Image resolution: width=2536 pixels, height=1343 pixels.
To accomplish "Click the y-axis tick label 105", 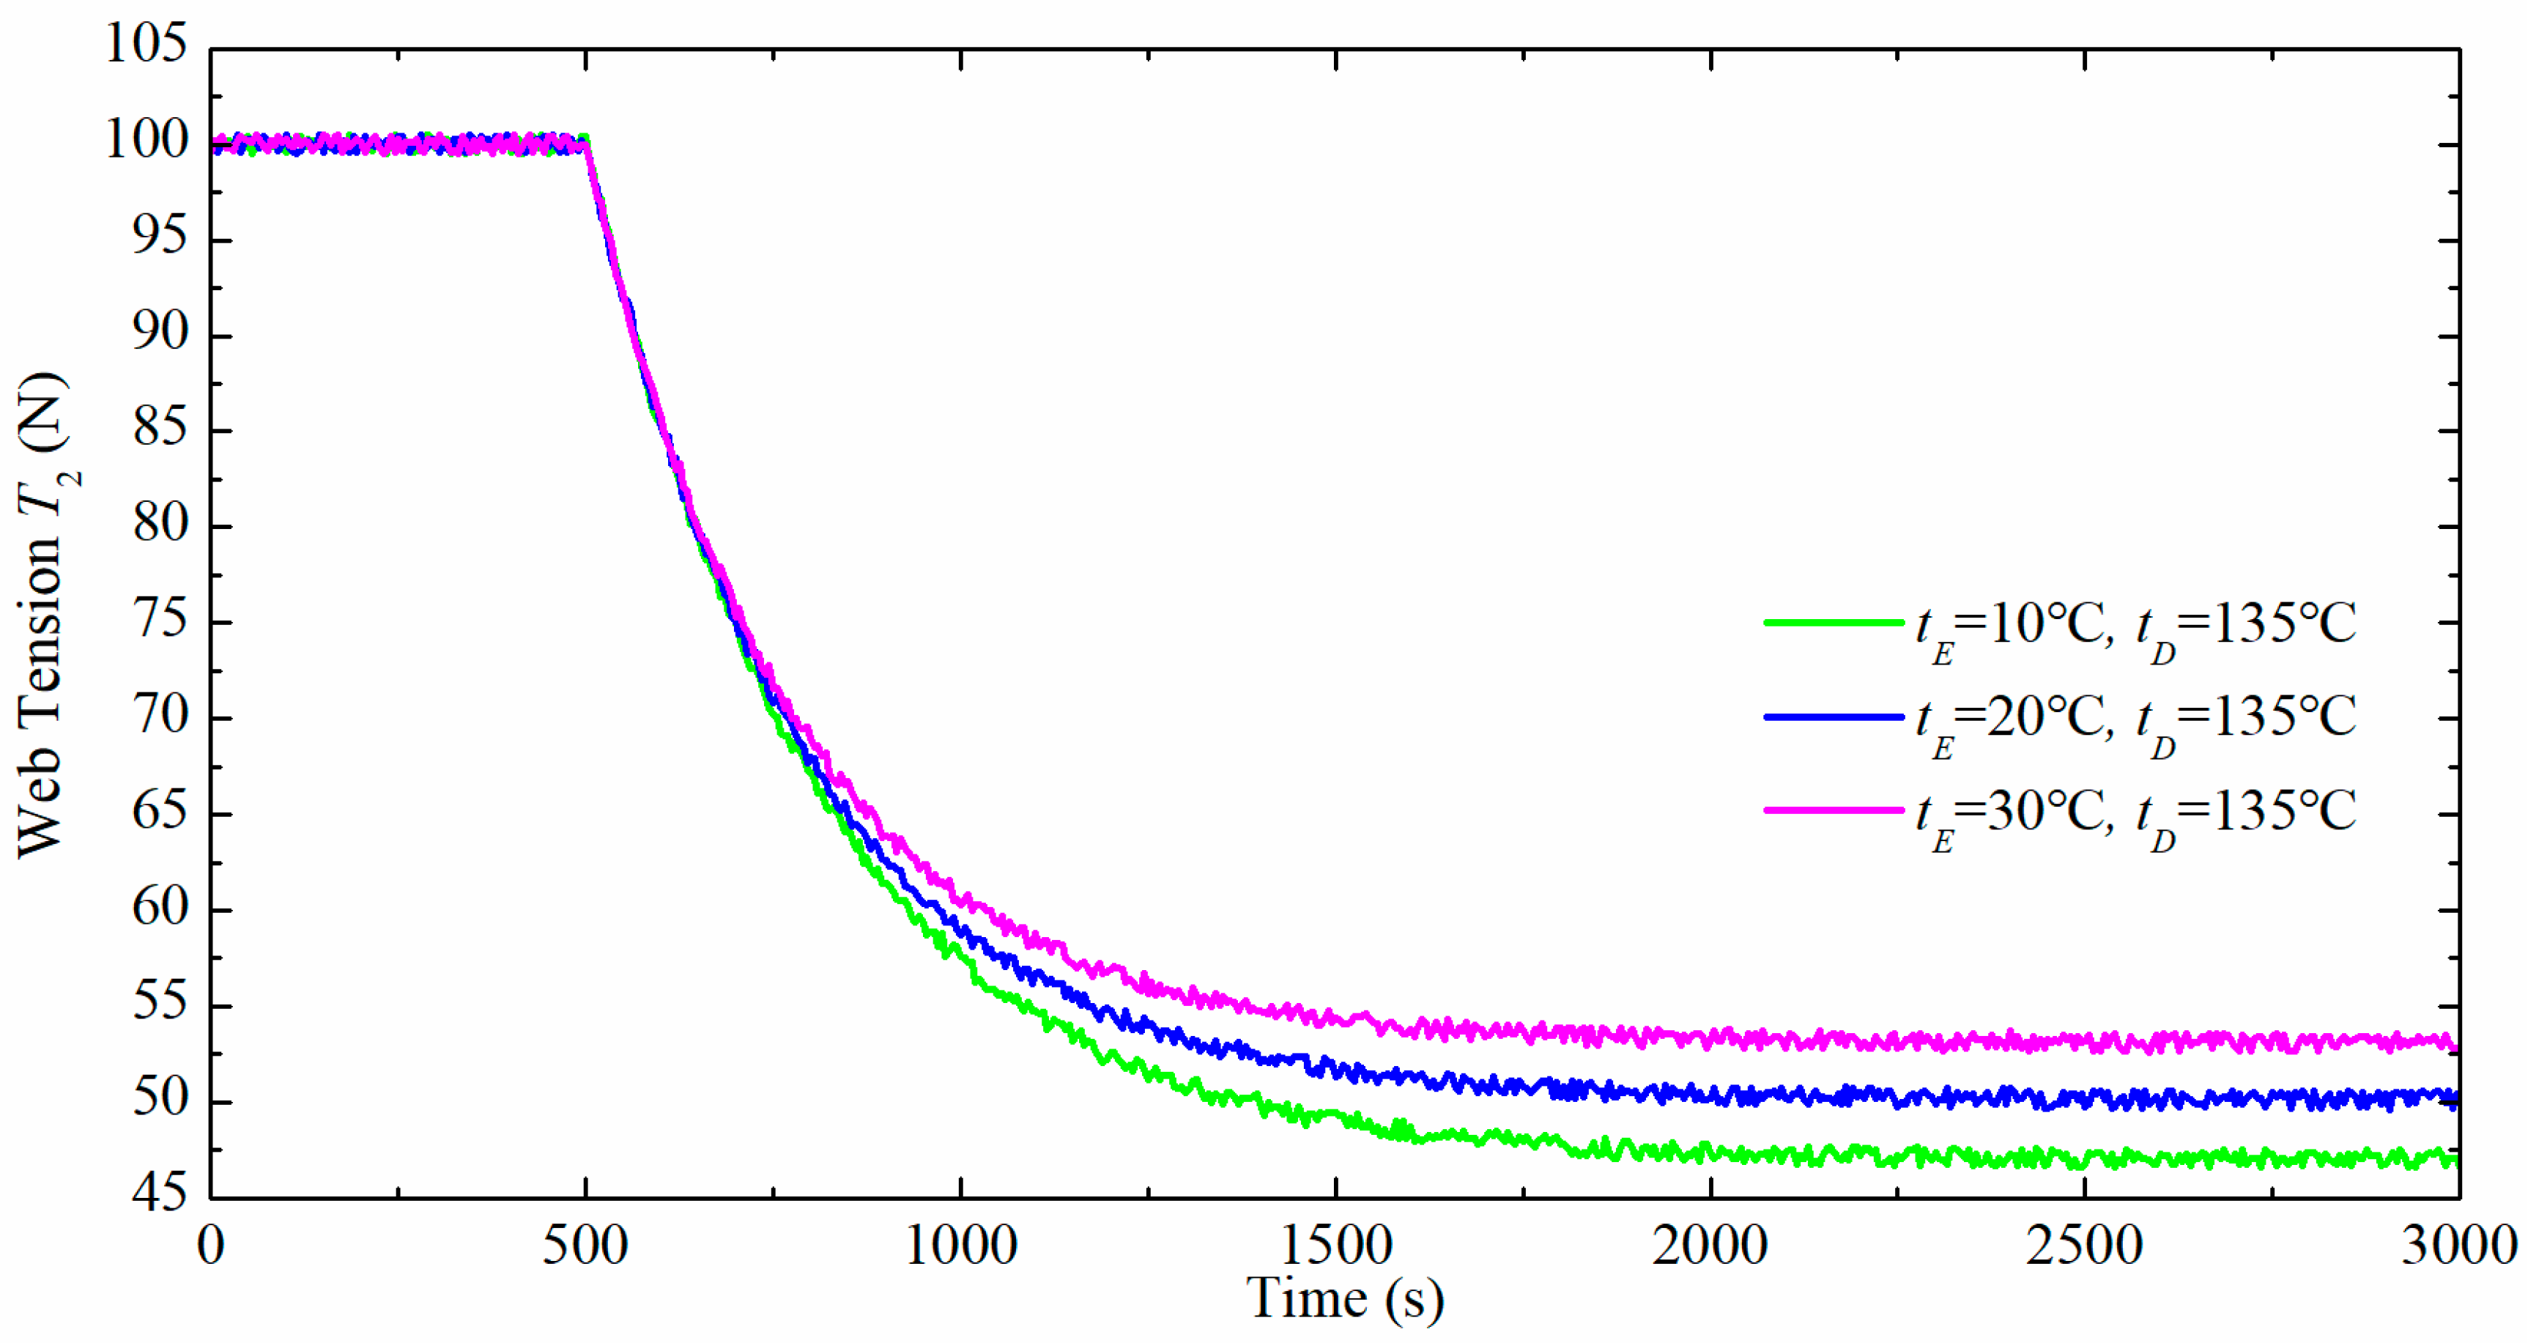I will coord(146,44).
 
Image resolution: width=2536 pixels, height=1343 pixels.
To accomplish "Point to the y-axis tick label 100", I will coord(146,141).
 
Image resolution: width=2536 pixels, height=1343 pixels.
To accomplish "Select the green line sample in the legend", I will coord(1833,622).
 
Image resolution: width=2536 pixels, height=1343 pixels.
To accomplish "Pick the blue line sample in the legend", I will coord(1833,717).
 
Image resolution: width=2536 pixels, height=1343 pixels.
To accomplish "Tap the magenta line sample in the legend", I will coord(1833,810).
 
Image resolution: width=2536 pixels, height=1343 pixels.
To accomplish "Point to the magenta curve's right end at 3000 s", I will coord(2455,1047).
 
